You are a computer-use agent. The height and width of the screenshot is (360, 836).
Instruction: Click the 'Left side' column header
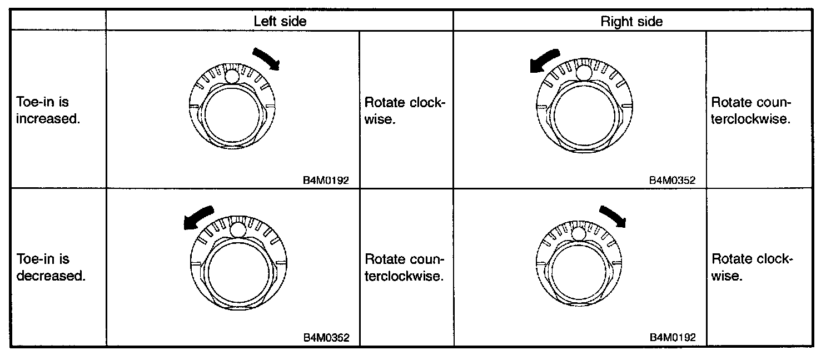280,21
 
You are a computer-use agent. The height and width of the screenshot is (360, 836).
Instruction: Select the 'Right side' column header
631,21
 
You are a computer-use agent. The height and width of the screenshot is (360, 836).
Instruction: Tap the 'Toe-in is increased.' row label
48,111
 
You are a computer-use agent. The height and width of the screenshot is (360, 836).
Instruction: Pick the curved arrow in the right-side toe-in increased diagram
543,59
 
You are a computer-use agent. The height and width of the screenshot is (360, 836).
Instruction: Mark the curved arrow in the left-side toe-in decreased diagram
198,217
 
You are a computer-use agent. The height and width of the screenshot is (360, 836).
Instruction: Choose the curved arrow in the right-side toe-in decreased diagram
613,215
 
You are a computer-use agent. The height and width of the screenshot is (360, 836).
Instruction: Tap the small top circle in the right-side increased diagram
583,72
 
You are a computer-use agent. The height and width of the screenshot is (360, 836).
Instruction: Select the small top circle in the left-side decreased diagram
238,229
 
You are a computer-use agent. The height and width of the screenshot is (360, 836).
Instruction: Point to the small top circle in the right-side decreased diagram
579,233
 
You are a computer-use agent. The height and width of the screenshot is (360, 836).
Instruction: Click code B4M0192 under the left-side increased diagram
326,181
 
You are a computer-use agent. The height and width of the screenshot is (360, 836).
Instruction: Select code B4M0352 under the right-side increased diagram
673,181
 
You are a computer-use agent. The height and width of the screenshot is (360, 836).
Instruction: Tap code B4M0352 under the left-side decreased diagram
326,337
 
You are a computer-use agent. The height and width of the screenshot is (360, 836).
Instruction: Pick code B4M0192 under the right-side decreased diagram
673,337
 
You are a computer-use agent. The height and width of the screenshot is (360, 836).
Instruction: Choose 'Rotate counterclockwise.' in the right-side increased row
751,111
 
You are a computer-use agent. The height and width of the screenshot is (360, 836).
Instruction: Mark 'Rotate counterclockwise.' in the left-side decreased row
404,267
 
